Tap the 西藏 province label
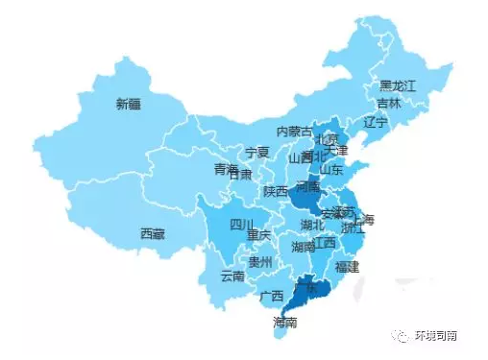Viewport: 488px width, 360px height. click(152, 233)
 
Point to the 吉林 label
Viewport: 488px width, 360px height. click(389, 103)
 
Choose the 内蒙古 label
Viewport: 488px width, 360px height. click(294, 131)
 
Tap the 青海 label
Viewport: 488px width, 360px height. click(225, 169)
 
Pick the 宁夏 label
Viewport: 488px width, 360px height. click(256, 153)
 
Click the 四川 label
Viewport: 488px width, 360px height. click(242, 226)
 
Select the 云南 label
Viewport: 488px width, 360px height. click(232, 276)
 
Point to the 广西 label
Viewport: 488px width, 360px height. click(271, 295)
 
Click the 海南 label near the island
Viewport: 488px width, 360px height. click(284, 323)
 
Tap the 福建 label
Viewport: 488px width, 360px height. click(344, 266)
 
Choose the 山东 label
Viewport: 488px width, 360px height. click(332, 170)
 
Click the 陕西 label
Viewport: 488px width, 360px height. click(277, 190)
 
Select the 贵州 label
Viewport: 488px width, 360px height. click(259, 261)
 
